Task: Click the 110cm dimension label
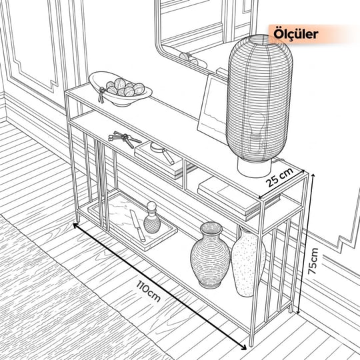pyautogui.click(x=148, y=291)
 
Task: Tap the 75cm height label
pyautogui.click(x=313, y=261)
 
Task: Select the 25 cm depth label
pyautogui.click(x=279, y=177)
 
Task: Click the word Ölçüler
pyautogui.click(x=296, y=34)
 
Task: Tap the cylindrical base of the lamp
pyautogui.click(x=255, y=167)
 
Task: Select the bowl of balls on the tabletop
pyautogui.click(x=120, y=89)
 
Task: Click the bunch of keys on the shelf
pyautogui.click(x=124, y=139)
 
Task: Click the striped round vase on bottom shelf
pyautogui.click(x=210, y=255)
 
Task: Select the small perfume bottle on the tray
pyautogui.click(x=152, y=217)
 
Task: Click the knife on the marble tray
pyautogui.click(x=137, y=225)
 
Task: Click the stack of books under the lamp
pyautogui.click(x=239, y=197)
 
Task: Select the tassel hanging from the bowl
pyautogui.click(x=101, y=95)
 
